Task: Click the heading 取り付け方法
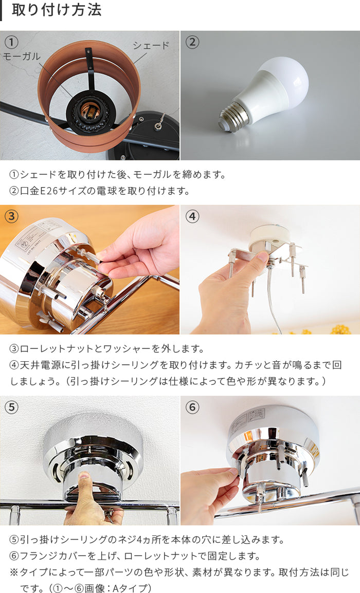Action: tap(57, 10)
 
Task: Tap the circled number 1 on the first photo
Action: tap(12, 42)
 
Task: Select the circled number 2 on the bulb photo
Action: tap(192, 42)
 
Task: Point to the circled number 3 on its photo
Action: tap(12, 216)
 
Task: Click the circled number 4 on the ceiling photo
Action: tap(192, 216)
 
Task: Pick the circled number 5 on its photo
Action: tap(12, 407)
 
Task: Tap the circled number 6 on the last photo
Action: tap(192, 407)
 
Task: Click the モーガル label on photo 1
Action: tap(22, 57)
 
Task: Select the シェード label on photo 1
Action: tap(151, 45)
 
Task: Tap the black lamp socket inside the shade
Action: tap(89, 114)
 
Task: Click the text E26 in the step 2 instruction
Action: tap(49, 191)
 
